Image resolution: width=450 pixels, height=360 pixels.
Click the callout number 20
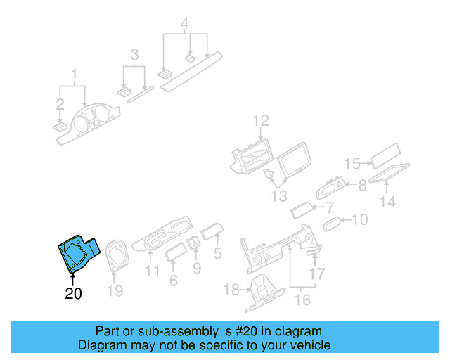point(73,295)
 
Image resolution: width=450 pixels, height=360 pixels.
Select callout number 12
point(261,120)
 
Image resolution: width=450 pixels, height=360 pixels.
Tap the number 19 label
point(114,289)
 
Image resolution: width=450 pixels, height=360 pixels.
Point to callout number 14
point(388,202)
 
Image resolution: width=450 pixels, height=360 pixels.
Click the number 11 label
point(153,271)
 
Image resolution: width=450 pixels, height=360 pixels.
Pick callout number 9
point(196,267)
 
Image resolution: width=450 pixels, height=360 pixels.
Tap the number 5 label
point(218,253)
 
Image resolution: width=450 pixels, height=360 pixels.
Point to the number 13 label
point(280,195)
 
